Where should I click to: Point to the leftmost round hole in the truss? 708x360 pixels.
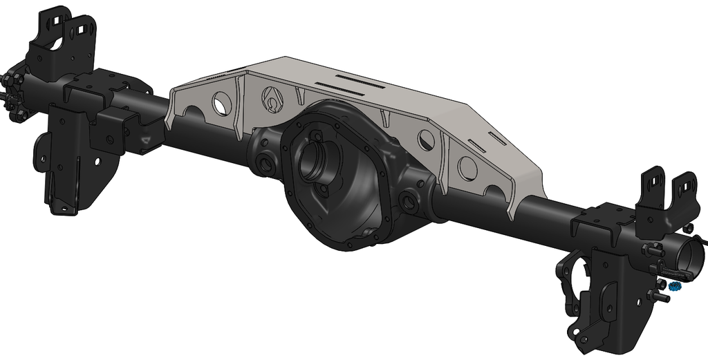(x=220, y=102)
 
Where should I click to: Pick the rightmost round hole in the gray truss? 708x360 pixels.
(x=467, y=169)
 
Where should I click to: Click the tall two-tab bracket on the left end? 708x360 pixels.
(x=66, y=38)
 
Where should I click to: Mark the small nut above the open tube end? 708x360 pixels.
(x=689, y=227)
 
